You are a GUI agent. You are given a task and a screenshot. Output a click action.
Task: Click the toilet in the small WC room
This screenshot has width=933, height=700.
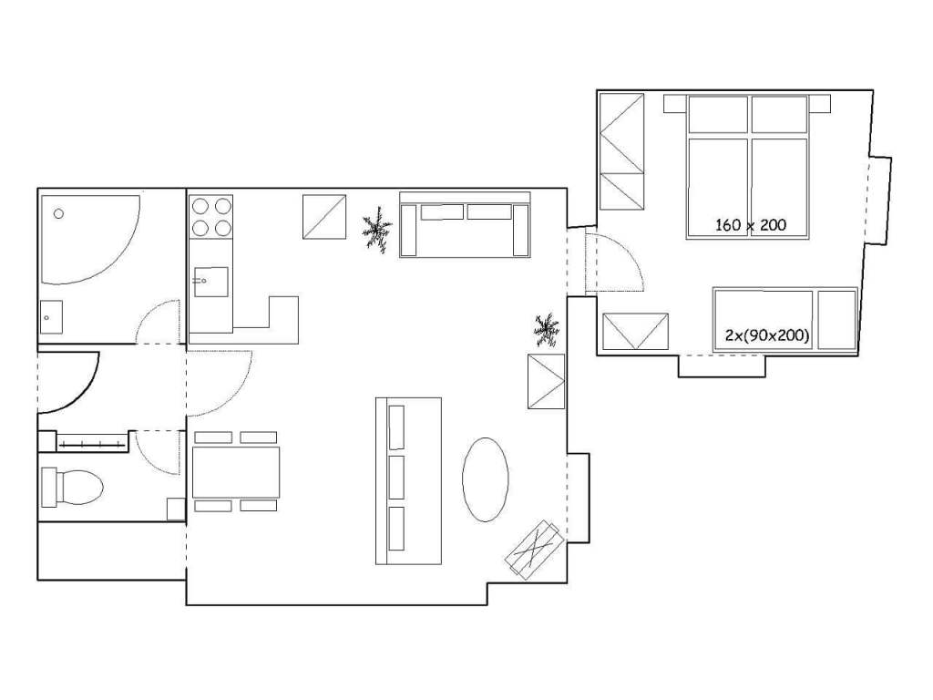[x=71, y=488]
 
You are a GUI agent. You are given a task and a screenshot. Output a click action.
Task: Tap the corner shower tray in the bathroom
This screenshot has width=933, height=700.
[x=89, y=238]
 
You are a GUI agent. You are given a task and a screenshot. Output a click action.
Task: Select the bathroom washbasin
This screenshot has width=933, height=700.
[x=51, y=317]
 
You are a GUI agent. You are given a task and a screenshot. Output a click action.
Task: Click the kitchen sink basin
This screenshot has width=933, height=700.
[x=210, y=282]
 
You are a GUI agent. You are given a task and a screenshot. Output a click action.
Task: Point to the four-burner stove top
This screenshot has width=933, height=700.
[x=211, y=217]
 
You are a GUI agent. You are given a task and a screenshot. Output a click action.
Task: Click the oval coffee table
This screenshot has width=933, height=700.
[x=486, y=479]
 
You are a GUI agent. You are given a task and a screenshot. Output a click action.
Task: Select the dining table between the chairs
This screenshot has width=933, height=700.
[x=236, y=472]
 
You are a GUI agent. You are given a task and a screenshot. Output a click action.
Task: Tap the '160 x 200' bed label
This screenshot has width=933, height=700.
[x=751, y=225]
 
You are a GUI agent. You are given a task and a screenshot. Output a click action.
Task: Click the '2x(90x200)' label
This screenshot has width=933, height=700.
[x=767, y=335]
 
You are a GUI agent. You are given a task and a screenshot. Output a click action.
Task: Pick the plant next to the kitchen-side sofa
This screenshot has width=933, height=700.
[x=377, y=229]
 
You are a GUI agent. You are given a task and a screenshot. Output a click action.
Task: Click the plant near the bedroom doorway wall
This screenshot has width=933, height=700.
[x=547, y=330]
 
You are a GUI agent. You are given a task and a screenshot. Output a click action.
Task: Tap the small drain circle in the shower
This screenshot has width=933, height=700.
[x=58, y=213]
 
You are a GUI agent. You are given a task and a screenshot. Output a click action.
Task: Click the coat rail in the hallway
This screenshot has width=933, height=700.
[x=91, y=444]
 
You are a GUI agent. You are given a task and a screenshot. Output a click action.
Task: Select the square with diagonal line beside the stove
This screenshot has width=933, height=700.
[x=324, y=217]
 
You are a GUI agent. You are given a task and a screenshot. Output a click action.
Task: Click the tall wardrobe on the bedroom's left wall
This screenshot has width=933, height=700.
[x=621, y=152]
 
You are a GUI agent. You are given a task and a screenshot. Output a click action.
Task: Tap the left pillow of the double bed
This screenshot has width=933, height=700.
[x=718, y=114]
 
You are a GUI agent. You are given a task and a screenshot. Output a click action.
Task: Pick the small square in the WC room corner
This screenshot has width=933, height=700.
[x=176, y=509]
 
